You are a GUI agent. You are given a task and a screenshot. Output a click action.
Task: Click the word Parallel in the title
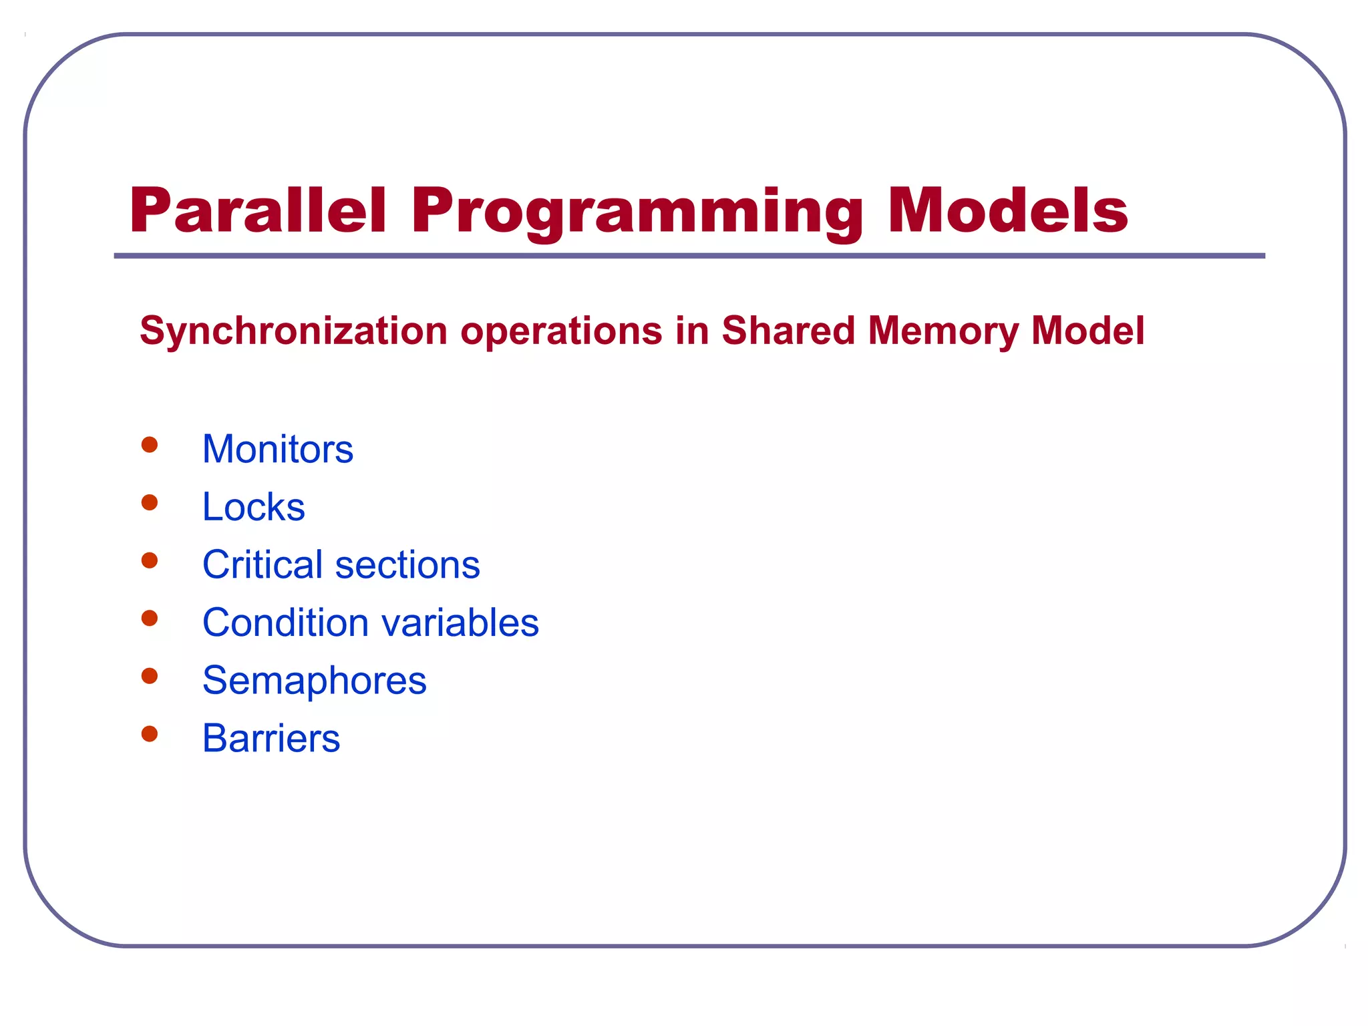(258, 211)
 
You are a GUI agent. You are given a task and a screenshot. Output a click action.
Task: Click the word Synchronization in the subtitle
(293, 331)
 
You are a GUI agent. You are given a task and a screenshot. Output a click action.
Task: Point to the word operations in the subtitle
(560, 331)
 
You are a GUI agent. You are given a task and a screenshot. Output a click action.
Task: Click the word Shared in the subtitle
(788, 331)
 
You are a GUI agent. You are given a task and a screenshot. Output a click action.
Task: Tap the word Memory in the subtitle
(943, 331)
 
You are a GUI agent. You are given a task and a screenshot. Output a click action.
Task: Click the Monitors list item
(277, 449)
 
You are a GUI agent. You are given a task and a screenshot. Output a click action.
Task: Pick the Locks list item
(253, 507)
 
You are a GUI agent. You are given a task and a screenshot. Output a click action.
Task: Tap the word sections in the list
(407, 565)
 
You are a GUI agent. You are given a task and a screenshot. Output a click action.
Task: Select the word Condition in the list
(285, 623)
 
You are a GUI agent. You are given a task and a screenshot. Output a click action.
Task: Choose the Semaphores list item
(314, 681)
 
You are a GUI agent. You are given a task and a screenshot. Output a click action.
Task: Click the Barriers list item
(271, 739)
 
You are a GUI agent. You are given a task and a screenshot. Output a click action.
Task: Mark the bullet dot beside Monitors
(150, 445)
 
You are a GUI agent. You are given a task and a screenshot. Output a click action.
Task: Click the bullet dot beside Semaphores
(150, 676)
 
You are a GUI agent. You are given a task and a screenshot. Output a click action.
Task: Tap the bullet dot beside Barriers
(150, 734)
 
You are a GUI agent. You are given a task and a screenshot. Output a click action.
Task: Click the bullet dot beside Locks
(150, 502)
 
